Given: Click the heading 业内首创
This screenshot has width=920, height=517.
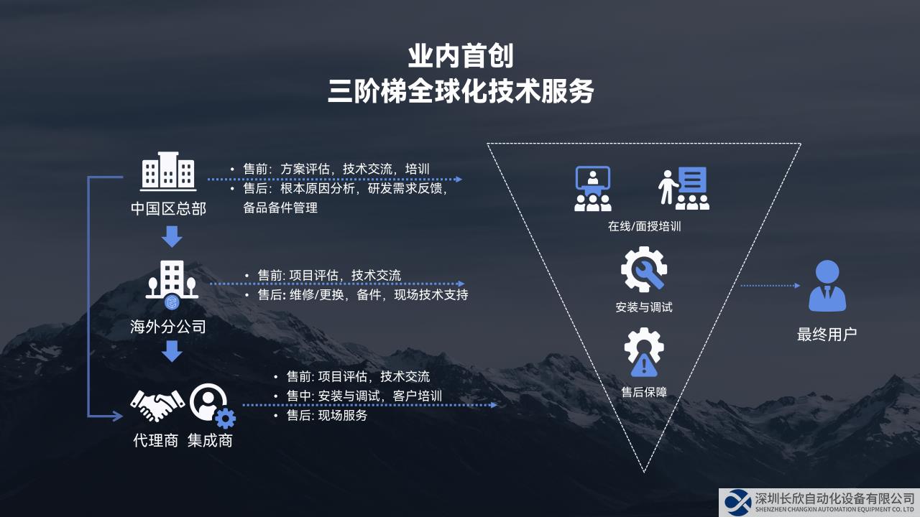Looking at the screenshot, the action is (461, 56).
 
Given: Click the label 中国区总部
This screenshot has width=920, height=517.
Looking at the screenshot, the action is (168, 208).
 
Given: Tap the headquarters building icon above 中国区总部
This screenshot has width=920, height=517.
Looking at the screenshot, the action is (168, 172).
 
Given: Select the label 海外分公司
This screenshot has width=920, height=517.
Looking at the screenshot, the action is (168, 327).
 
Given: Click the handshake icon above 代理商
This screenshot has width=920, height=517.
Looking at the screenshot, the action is (157, 406).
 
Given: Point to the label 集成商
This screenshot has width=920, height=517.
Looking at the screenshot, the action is (210, 441).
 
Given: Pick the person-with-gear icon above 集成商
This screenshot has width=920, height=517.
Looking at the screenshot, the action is (212, 406).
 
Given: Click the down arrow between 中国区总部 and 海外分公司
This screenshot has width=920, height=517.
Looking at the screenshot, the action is (172, 236).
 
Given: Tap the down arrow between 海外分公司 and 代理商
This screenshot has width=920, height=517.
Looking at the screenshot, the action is (172, 351).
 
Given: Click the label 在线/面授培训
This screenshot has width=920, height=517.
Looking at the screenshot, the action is (644, 226).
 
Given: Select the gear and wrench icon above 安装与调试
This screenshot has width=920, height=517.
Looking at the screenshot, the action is (644, 269).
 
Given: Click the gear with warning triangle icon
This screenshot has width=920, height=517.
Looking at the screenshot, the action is (644, 352).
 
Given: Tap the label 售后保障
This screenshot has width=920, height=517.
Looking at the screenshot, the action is (644, 392).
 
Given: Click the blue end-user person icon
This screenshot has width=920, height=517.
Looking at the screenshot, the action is (827, 286).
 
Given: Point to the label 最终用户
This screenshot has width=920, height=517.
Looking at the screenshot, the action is (827, 335).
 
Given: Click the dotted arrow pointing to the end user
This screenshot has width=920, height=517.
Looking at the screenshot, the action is (770, 286).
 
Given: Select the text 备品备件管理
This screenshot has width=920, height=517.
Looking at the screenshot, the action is (280, 208).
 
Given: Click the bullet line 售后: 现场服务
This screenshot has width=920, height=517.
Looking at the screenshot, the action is (322, 415).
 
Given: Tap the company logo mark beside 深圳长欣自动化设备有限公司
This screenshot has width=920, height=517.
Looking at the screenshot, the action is (737, 502).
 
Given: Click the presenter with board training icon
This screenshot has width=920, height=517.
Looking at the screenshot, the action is (684, 188).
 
